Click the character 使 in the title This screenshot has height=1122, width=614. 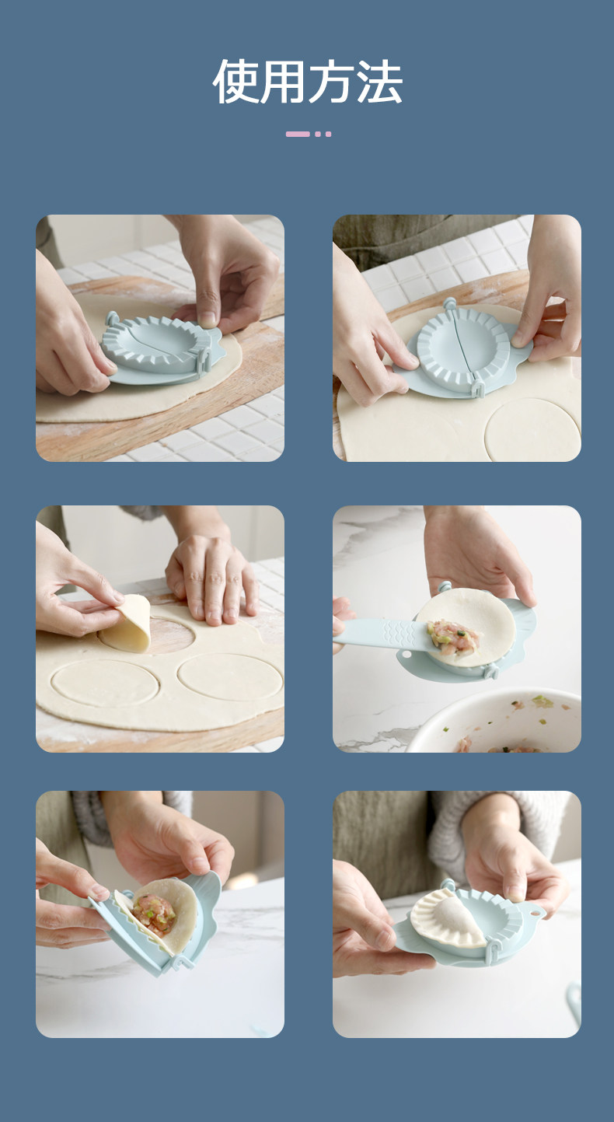point(235,81)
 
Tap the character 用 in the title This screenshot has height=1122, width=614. point(283,81)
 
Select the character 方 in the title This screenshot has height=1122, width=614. point(331,81)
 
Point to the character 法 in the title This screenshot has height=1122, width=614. point(379,81)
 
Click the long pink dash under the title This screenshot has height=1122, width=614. point(298,134)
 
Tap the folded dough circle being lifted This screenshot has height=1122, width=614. point(128,624)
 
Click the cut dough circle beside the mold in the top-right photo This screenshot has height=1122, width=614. point(533,430)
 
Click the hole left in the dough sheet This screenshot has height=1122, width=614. point(170,635)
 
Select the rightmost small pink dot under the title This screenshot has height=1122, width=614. point(328,134)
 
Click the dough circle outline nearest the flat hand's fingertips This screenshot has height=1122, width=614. point(230,677)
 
